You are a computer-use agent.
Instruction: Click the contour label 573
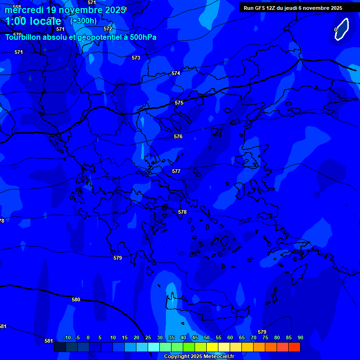(x=136, y=58)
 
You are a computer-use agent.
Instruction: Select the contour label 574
(x=176, y=73)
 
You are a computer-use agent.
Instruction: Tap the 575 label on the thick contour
(x=179, y=103)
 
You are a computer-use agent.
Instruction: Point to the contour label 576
(x=178, y=136)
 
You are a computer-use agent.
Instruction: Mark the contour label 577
(x=176, y=171)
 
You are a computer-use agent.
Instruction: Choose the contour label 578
(x=182, y=212)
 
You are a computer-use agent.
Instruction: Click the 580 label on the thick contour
(x=76, y=300)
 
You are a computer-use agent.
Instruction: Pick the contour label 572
(x=108, y=29)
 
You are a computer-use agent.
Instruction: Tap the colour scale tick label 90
(x=300, y=337)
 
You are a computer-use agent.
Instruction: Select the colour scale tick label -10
(x=67, y=337)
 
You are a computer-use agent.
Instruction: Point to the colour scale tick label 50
(x=207, y=337)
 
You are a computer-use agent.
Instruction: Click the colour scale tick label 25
(x=148, y=337)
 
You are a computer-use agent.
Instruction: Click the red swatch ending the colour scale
(x=294, y=347)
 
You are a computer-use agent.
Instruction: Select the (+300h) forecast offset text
(x=83, y=21)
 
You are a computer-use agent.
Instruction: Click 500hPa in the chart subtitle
(x=143, y=37)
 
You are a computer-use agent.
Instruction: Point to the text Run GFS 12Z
(x=261, y=8)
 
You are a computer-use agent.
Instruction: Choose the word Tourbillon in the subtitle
(x=23, y=37)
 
